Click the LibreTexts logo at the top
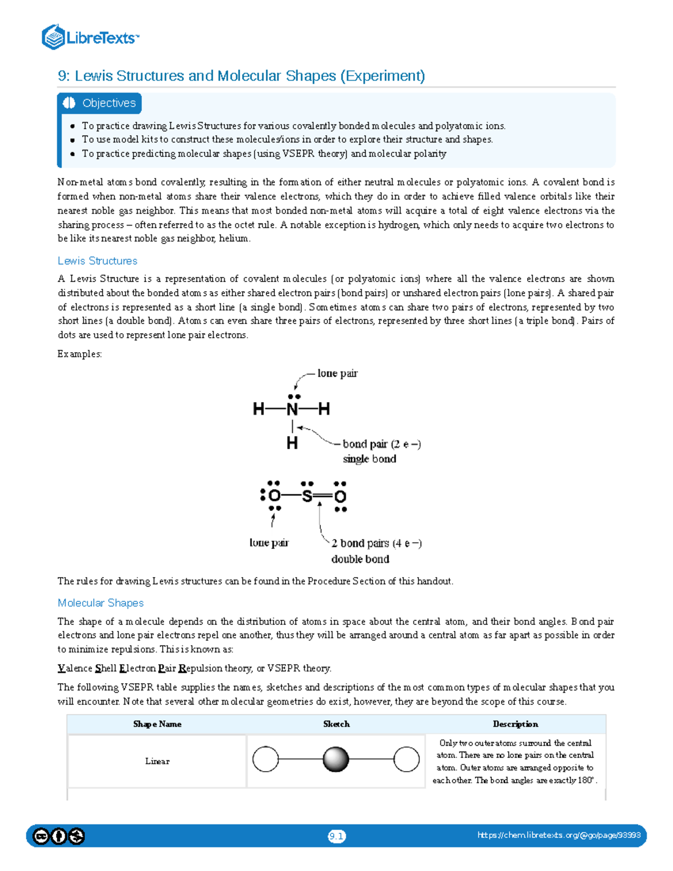(x=90, y=38)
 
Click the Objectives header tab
(x=100, y=103)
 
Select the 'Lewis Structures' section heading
(x=98, y=261)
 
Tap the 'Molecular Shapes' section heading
(x=101, y=603)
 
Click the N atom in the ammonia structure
(x=292, y=409)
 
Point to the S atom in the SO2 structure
(x=307, y=496)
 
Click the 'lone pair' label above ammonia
(x=337, y=374)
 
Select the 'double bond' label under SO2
(x=360, y=559)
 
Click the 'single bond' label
(x=370, y=459)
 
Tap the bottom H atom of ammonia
(x=292, y=443)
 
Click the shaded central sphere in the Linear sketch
(x=336, y=759)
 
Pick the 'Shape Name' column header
(x=157, y=724)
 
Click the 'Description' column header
(x=515, y=724)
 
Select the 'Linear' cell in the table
(x=157, y=761)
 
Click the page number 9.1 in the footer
(x=336, y=836)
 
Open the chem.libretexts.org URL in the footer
(x=559, y=835)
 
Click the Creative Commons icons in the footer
(x=58, y=836)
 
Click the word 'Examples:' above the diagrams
(x=80, y=354)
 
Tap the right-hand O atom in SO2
(x=340, y=496)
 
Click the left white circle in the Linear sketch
(x=266, y=759)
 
